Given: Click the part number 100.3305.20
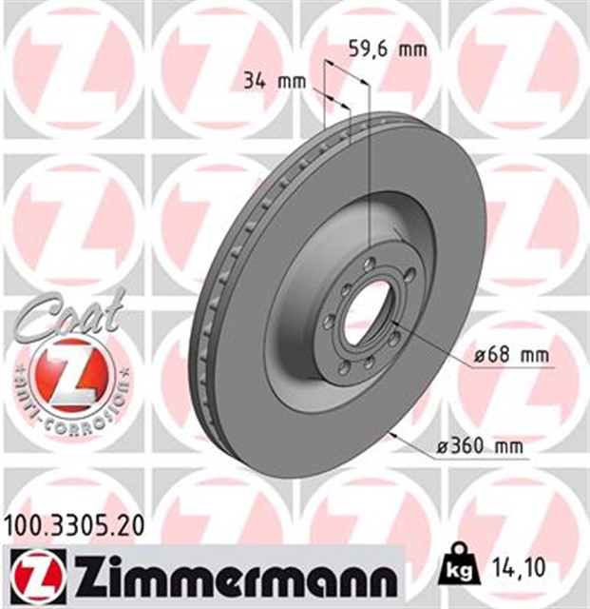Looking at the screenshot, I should (75, 521).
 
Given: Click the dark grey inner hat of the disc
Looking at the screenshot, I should (304, 314).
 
